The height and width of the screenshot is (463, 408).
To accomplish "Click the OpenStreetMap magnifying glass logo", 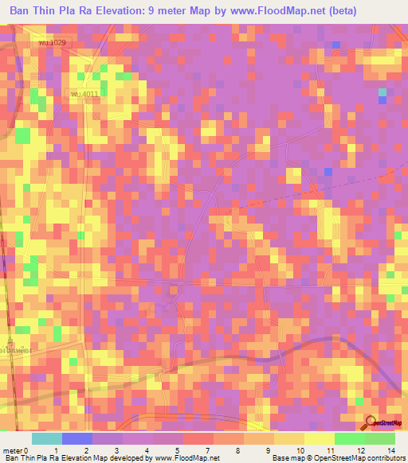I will [x=372, y=422].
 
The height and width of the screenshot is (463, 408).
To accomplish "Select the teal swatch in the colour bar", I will [x=47, y=438].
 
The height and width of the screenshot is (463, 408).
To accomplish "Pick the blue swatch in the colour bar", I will [x=77, y=438].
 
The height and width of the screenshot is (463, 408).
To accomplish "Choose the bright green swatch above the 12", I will [x=349, y=438].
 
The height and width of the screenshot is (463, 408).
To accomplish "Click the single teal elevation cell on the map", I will [x=382, y=93].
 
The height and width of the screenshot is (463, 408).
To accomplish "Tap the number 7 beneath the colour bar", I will [x=208, y=451].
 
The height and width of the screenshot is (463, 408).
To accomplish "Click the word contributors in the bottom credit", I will [x=385, y=458].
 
